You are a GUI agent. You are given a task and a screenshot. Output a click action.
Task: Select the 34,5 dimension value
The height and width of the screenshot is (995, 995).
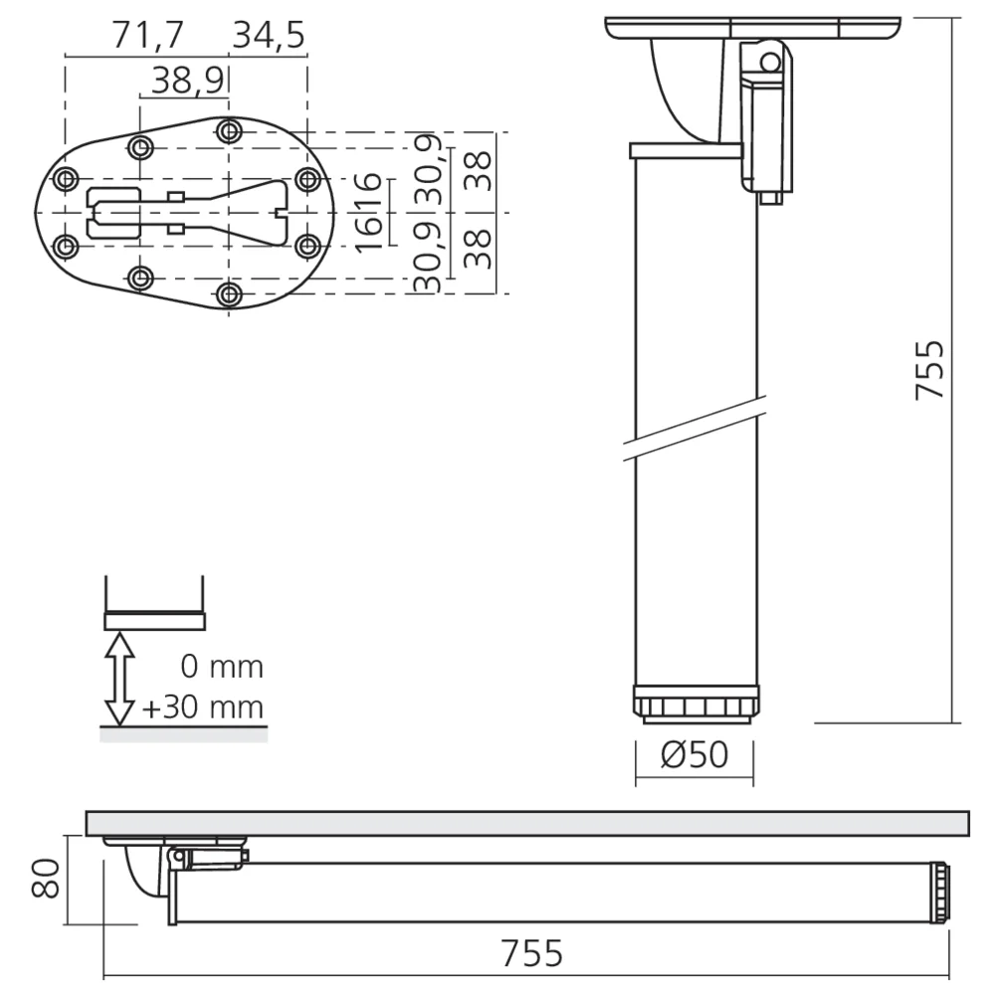(x=268, y=35)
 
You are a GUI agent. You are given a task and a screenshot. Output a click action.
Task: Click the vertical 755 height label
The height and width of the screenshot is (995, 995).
(x=929, y=370)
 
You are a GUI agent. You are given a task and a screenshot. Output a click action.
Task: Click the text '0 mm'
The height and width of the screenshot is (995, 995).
(x=223, y=666)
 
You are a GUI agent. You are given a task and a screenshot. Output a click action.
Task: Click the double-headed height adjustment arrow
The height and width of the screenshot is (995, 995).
(x=120, y=679)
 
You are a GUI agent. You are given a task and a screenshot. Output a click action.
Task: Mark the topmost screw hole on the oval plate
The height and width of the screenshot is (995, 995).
(x=230, y=130)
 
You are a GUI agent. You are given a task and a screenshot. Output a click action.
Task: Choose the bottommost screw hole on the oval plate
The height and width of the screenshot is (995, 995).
(x=230, y=294)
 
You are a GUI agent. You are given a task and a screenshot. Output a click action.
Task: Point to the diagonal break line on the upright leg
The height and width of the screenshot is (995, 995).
(x=696, y=426)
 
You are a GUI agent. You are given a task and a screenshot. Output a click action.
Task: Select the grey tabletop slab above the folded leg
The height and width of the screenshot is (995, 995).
(x=527, y=822)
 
